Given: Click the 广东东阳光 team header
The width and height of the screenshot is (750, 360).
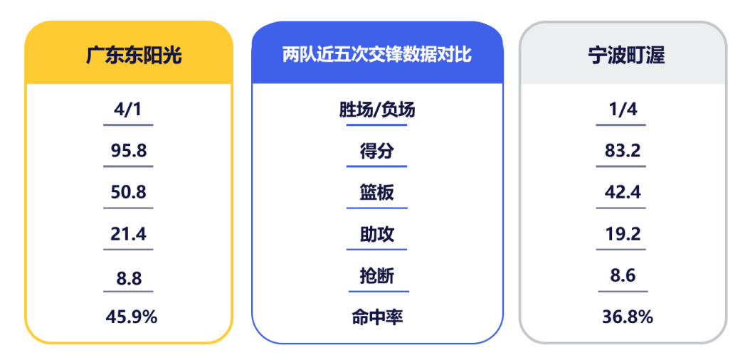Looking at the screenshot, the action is point(134,56).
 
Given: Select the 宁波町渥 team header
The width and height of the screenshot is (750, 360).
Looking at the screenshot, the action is point(626,56).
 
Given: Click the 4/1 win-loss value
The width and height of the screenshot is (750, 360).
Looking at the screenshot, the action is point(128,110).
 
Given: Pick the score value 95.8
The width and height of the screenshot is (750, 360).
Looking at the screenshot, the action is point(128,151).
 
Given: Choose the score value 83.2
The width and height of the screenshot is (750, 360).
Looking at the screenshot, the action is point(622,151).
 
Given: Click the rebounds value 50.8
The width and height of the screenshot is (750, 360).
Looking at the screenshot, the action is point(128,193).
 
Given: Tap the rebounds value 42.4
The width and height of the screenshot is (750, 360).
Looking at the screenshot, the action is point(622,193).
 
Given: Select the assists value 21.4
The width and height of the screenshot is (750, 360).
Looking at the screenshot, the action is point(128,234).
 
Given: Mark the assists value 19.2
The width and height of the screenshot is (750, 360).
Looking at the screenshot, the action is point(622,234).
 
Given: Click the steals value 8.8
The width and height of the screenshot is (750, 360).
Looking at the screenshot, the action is point(129,278).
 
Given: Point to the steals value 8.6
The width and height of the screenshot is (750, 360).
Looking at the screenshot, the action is point(623,276).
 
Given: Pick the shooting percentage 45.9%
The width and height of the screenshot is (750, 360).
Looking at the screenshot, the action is point(131,317).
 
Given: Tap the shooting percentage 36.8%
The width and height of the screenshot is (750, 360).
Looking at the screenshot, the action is point(627,317).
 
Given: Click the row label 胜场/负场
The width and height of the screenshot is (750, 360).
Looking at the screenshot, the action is point(377,110).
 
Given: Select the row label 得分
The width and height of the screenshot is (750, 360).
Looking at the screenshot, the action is point(377,152).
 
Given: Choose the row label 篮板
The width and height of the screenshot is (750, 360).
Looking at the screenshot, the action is point(377,193).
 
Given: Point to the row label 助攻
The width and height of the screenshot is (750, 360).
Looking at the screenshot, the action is point(377,235).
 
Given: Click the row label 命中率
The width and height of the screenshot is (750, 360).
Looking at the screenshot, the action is point(377,317).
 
